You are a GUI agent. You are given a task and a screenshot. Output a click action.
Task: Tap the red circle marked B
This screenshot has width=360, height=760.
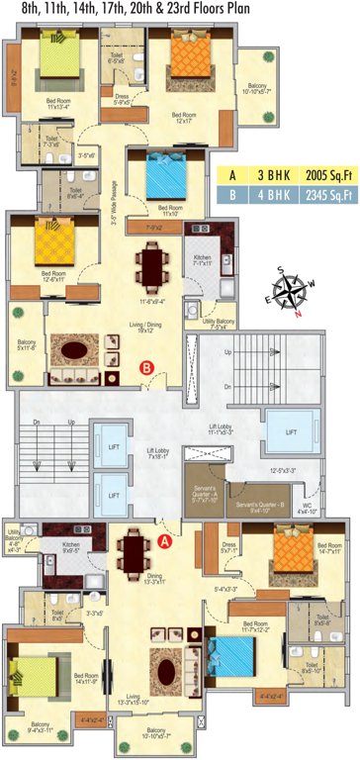pos(146,369)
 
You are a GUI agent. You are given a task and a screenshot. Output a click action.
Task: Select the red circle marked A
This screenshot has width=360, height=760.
pos(165,540)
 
